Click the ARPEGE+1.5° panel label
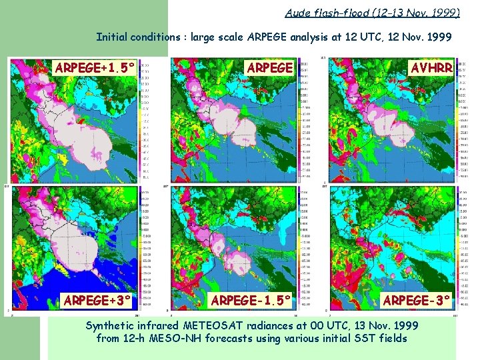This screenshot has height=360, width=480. coord(95,68)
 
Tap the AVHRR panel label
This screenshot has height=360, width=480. coord(432,68)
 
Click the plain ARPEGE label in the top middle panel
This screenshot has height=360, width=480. coord(269,68)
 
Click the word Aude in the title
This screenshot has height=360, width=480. coord(297,13)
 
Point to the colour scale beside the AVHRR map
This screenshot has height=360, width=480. coord(462,120)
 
